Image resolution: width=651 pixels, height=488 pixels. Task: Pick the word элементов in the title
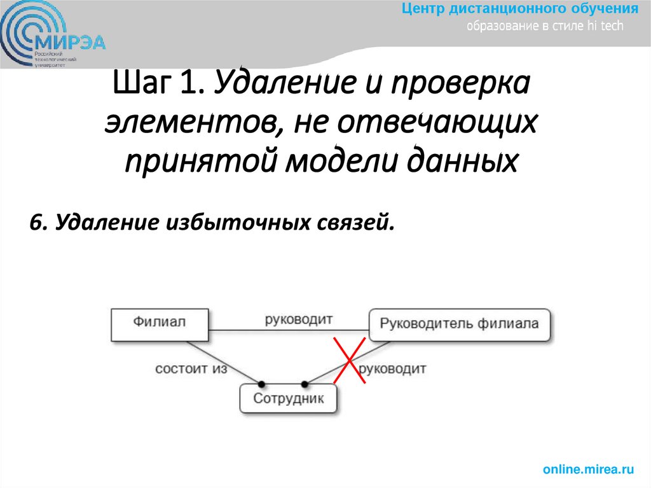(189, 124)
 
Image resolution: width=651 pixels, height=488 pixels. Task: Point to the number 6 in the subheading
(35, 223)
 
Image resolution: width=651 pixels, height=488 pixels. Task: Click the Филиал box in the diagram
(160, 323)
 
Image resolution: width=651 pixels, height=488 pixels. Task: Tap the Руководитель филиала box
(459, 324)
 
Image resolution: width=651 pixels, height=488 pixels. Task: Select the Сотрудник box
(288, 399)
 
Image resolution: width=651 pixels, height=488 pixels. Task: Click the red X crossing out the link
(349, 361)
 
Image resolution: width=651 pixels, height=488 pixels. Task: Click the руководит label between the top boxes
(299, 319)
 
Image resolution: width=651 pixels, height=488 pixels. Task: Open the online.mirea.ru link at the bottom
(589, 470)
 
